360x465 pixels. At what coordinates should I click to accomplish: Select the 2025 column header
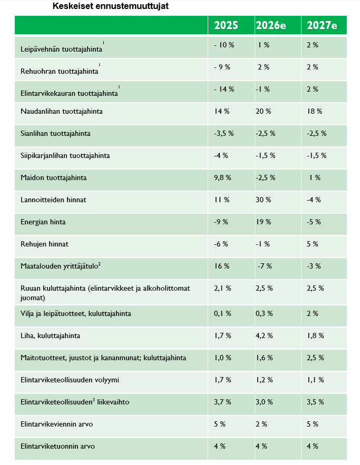(x=226, y=25)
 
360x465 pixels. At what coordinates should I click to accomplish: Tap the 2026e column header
(x=270, y=25)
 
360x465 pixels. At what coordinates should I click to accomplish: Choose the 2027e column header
(x=322, y=25)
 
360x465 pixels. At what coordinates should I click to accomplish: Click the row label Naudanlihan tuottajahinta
(x=61, y=111)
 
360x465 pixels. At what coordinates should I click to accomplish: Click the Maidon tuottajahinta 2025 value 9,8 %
(x=222, y=177)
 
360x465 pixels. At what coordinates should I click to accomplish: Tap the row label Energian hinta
(x=43, y=222)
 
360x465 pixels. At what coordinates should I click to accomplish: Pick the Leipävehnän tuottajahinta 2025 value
(x=224, y=45)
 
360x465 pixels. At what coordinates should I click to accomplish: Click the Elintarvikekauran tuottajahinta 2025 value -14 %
(x=224, y=89)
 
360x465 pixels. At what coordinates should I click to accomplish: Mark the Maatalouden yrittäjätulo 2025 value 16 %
(x=222, y=266)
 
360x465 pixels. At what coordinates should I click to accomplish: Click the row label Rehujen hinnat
(x=44, y=244)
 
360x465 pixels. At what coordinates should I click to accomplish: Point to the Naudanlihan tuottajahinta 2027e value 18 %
(x=314, y=111)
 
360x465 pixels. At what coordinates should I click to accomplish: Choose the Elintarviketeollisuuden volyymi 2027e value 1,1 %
(x=315, y=380)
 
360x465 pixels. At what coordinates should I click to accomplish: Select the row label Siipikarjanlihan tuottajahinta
(x=65, y=155)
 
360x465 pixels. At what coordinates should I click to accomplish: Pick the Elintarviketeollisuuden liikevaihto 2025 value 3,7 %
(x=223, y=402)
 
